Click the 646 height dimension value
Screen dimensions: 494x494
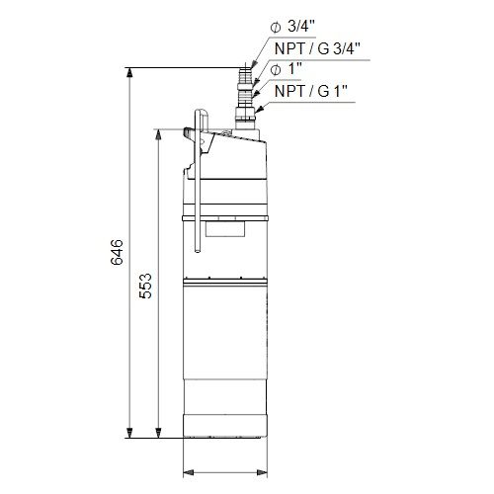117,252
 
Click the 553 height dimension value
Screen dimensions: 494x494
145,286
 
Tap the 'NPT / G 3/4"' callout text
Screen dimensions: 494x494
317,48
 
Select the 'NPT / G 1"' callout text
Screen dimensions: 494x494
311,91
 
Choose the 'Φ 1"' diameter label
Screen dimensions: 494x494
286,69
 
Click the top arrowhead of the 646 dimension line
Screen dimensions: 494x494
129,72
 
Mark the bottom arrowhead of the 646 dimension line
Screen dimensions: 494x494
129,434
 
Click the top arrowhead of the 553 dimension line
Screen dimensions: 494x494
158,133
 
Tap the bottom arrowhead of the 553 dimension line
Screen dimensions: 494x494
158,434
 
